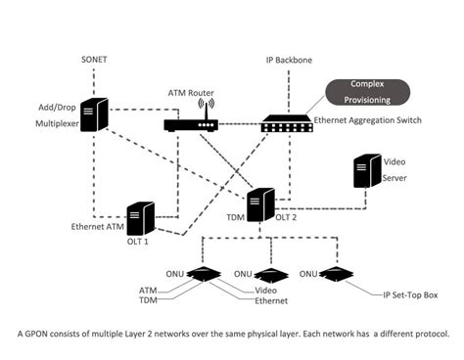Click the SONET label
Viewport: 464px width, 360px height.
point(94,60)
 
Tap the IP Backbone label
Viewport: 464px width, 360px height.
point(289,60)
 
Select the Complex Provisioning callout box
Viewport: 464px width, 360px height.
point(370,92)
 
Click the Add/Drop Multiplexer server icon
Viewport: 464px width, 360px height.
point(94,115)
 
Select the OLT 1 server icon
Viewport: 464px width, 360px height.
point(140,217)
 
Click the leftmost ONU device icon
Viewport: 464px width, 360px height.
point(203,275)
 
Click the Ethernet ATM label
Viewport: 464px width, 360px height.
point(98,227)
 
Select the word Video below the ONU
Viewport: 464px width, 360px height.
point(266,290)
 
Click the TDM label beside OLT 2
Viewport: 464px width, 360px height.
point(234,218)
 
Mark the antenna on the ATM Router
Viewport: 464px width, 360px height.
point(205,107)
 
